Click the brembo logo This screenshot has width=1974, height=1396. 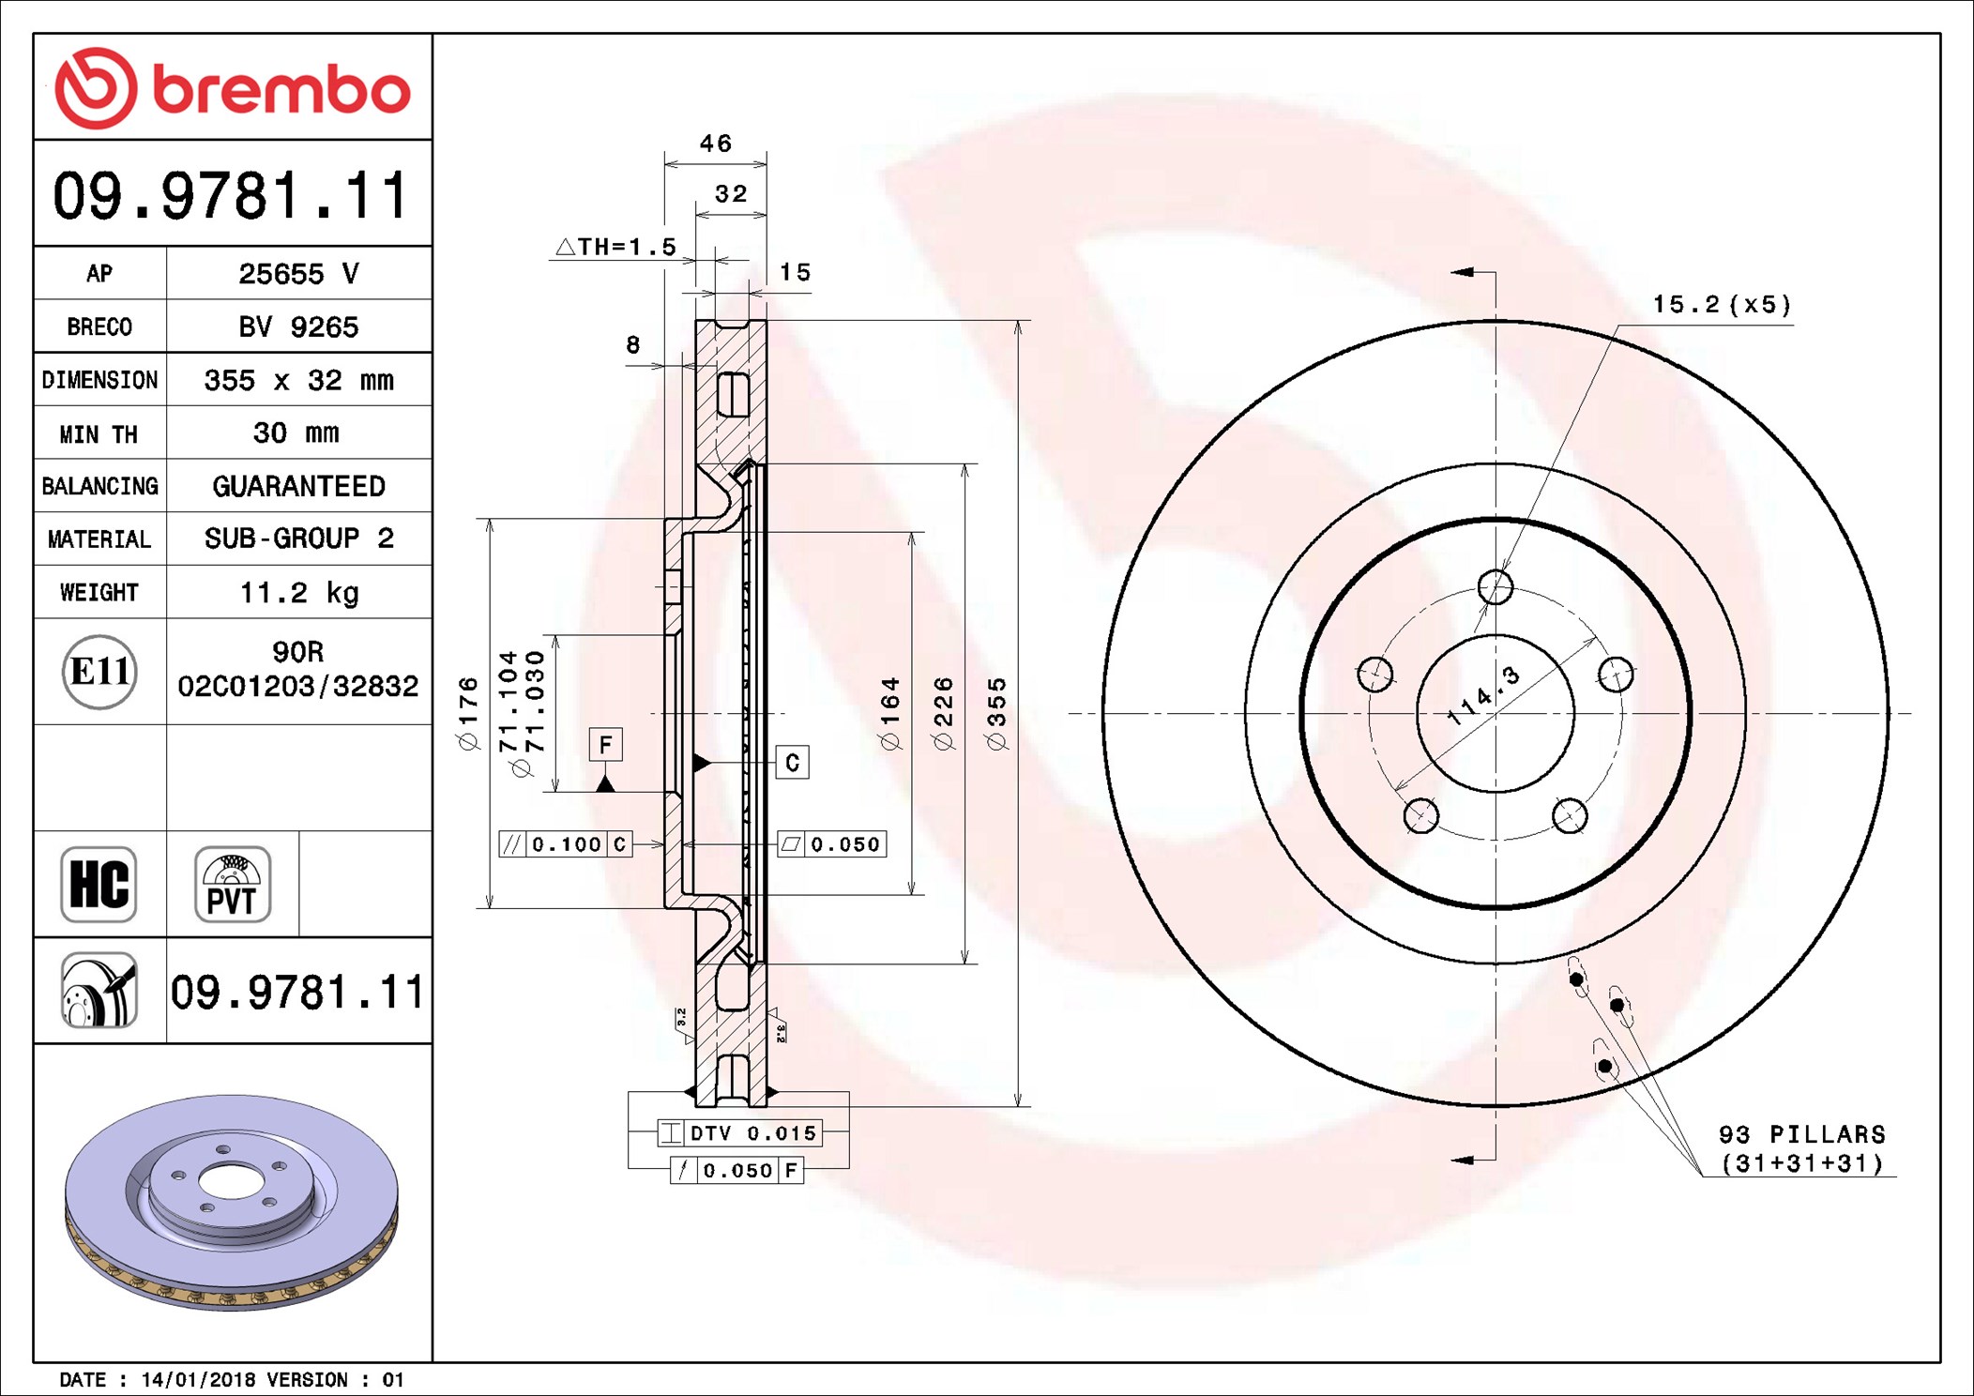coord(232,88)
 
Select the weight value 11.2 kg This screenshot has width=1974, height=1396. coord(299,593)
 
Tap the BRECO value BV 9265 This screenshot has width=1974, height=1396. coord(298,326)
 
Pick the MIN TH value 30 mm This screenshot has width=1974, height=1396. coord(296,432)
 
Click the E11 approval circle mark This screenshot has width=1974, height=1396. coord(99,672)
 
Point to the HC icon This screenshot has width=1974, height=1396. coord(99,884)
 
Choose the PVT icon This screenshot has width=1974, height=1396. coord(233,884)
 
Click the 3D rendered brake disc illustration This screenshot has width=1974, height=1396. coord(232,1203)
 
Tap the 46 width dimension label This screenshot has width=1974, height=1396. coord(716,144)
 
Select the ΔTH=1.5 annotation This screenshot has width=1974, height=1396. coord(616,247)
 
